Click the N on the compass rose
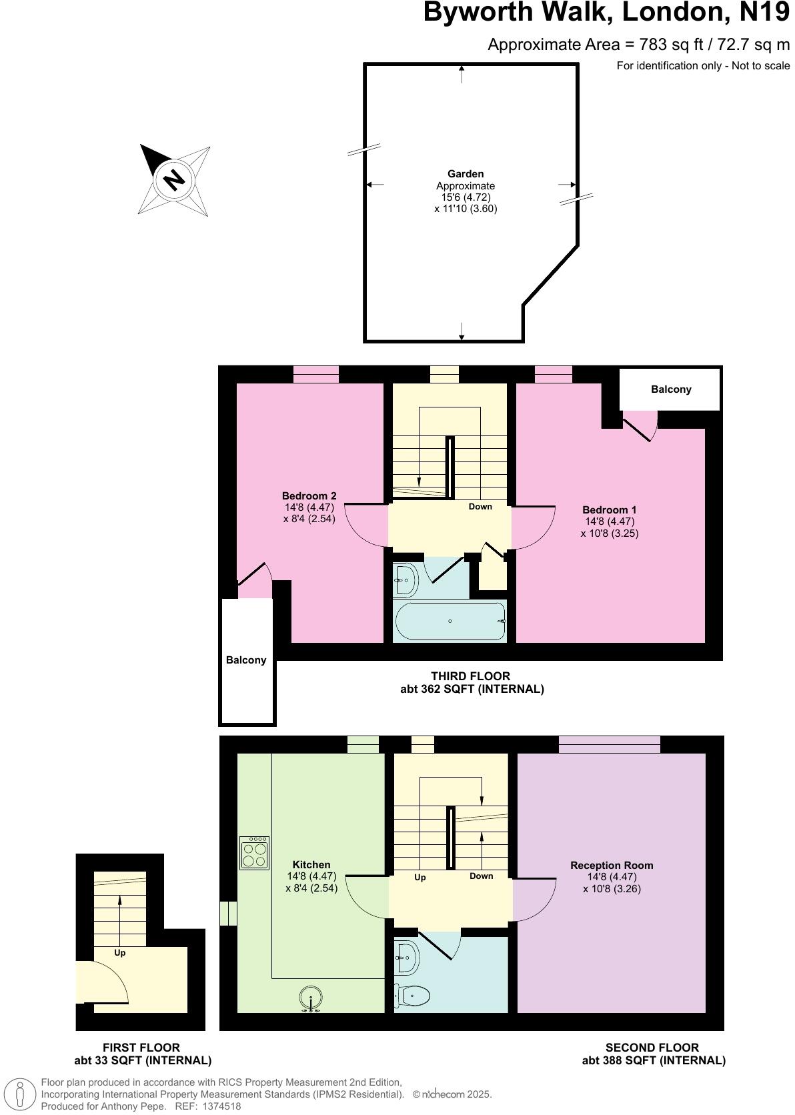tap(174, 179)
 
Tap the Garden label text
tap(466, 174)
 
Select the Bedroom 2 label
tap(309, 495)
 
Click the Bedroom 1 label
tap(610, 509)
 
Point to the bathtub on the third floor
tap(450, 621)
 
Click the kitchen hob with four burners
tap(254, 853)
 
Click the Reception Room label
tap(612, 865)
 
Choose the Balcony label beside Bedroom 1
tap(671, 389)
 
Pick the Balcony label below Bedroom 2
tap(246, 660)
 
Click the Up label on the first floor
tap(120, 953)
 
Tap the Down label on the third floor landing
tap(480, 506)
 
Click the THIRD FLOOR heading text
tap(471, 676)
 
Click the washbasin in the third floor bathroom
tap(406, 580)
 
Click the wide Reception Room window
tap(610, 744)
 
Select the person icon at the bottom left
tap(21, 1094)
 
